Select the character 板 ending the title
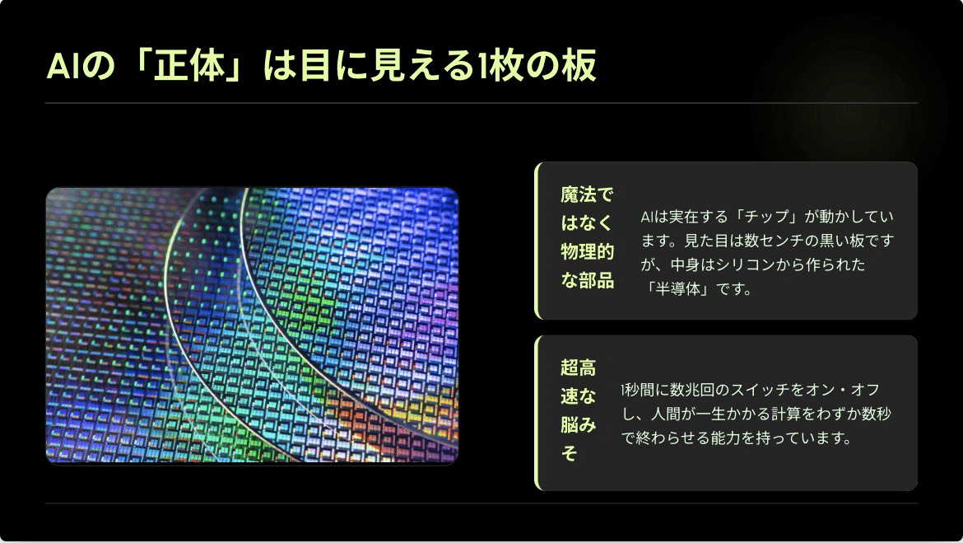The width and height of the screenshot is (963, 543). click(x=580, y=67)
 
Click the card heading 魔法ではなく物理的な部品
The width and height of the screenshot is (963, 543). click(x=587, y=238)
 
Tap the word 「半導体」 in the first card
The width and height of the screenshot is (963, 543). click(x=678, y=289)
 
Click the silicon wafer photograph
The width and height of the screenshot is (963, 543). click(x=252, y=326)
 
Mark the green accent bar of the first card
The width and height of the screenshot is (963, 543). click(x=537, y=241)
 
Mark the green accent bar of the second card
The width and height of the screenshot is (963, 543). click(x=537, y=413)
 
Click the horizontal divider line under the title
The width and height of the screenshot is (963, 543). click(x=481, y=104)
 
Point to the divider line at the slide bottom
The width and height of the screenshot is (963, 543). click(x=481, y=503)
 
